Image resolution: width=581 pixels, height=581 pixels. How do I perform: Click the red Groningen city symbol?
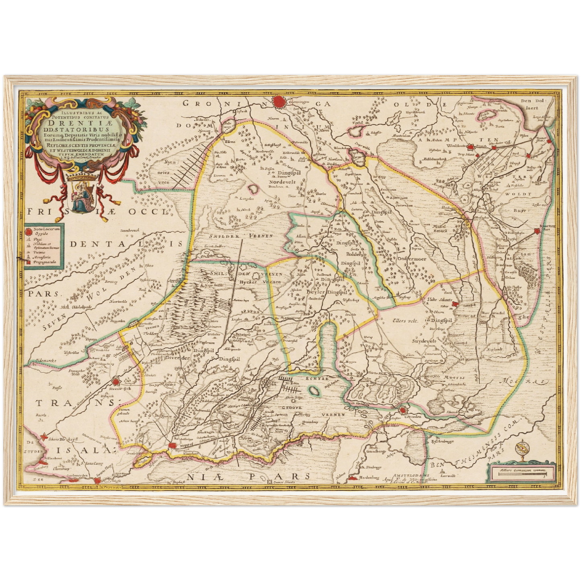click(x=279, y=102)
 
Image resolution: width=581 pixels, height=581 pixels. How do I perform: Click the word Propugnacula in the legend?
click(x=45, y=262)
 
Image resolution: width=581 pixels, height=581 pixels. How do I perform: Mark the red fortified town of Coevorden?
click(x=403, y=410)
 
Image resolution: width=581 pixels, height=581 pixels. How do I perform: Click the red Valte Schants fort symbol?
click(x=455, y=304)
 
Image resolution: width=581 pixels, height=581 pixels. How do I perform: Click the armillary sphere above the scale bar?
click(x=521, y=450)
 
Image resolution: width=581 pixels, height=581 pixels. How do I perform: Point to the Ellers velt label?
click(x=406, y=321)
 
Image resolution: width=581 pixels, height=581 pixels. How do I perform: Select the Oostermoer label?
click(x=412, y=259)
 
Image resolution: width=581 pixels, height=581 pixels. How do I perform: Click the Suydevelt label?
click(x=424, y=341)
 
